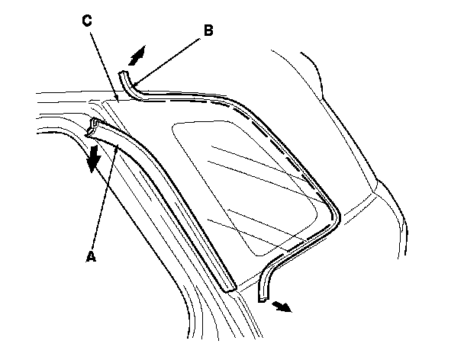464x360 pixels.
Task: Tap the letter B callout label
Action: tap(208, 31)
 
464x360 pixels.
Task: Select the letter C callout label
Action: tap(87, 21)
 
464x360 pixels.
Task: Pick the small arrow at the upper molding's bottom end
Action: tap(282, 306)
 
